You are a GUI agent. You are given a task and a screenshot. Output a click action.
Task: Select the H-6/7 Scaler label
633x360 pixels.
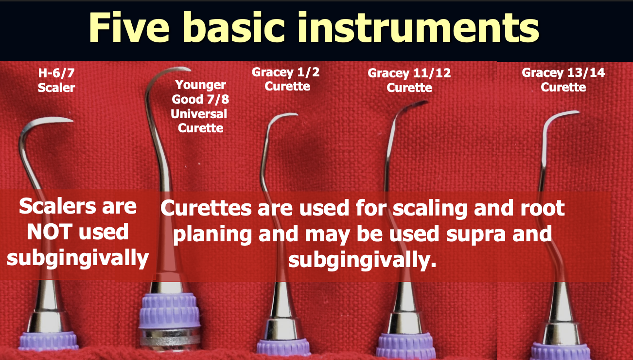57,80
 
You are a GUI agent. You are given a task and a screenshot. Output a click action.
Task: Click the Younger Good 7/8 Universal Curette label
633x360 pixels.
200,107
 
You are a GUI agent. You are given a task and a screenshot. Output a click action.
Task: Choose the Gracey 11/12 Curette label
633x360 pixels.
409,80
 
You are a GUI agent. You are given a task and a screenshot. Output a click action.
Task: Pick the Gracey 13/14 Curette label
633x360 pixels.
563,80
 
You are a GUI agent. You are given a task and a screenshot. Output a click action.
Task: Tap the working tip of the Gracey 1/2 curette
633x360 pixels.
294,115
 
